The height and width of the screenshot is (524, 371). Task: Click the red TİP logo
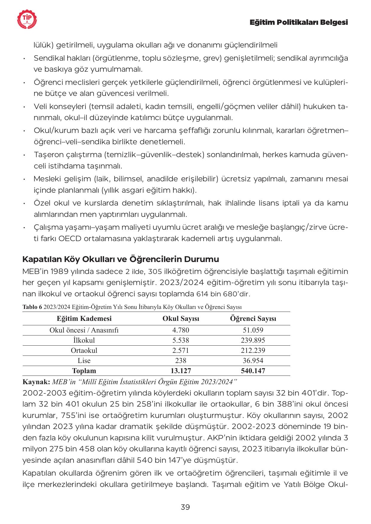pyautogui.click(x=28, y=19)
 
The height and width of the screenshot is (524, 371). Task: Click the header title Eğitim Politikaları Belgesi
pyautogui.click(x=299, y=22)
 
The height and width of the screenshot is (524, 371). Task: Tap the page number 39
pyautogui.click(x=185, y=507)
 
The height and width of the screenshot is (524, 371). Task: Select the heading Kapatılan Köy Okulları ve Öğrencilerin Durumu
pyautogui.click(x=120, y=259)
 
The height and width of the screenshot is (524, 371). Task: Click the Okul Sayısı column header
pyautogui.click(x=181, y=318)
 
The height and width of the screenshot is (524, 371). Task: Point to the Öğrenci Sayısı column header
pyautogui.click(x=253, y=318)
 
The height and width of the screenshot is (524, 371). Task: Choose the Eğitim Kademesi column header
pyautogui.click(x=84, y=318)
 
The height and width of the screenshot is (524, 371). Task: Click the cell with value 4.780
pyautogui.click(x=181, y=330)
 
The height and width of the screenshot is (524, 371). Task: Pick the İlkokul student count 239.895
pyautogui.click(x=253, y=340)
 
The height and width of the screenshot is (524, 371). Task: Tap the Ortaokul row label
pyautogui.click(x=84, y=350)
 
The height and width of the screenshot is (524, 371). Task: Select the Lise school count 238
pyautogui.click(x=181, y=361)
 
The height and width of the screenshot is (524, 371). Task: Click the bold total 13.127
pyautogui.click(x=181, y=371)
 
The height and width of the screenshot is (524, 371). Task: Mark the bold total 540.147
pyautogui.click(x=253, y=371)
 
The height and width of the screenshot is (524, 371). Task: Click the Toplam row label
pyautogui.click(x=84, y=371)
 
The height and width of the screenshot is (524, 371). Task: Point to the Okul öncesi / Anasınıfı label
pyautogui.click(x=84, y=330)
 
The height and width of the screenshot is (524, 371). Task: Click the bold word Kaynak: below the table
pyautogui.click(x=36, y=381)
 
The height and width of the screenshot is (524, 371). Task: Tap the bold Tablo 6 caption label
pyautogui.click(x=32, y=307)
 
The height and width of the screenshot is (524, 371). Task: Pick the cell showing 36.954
pyautogui.click(x=253, y=361)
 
